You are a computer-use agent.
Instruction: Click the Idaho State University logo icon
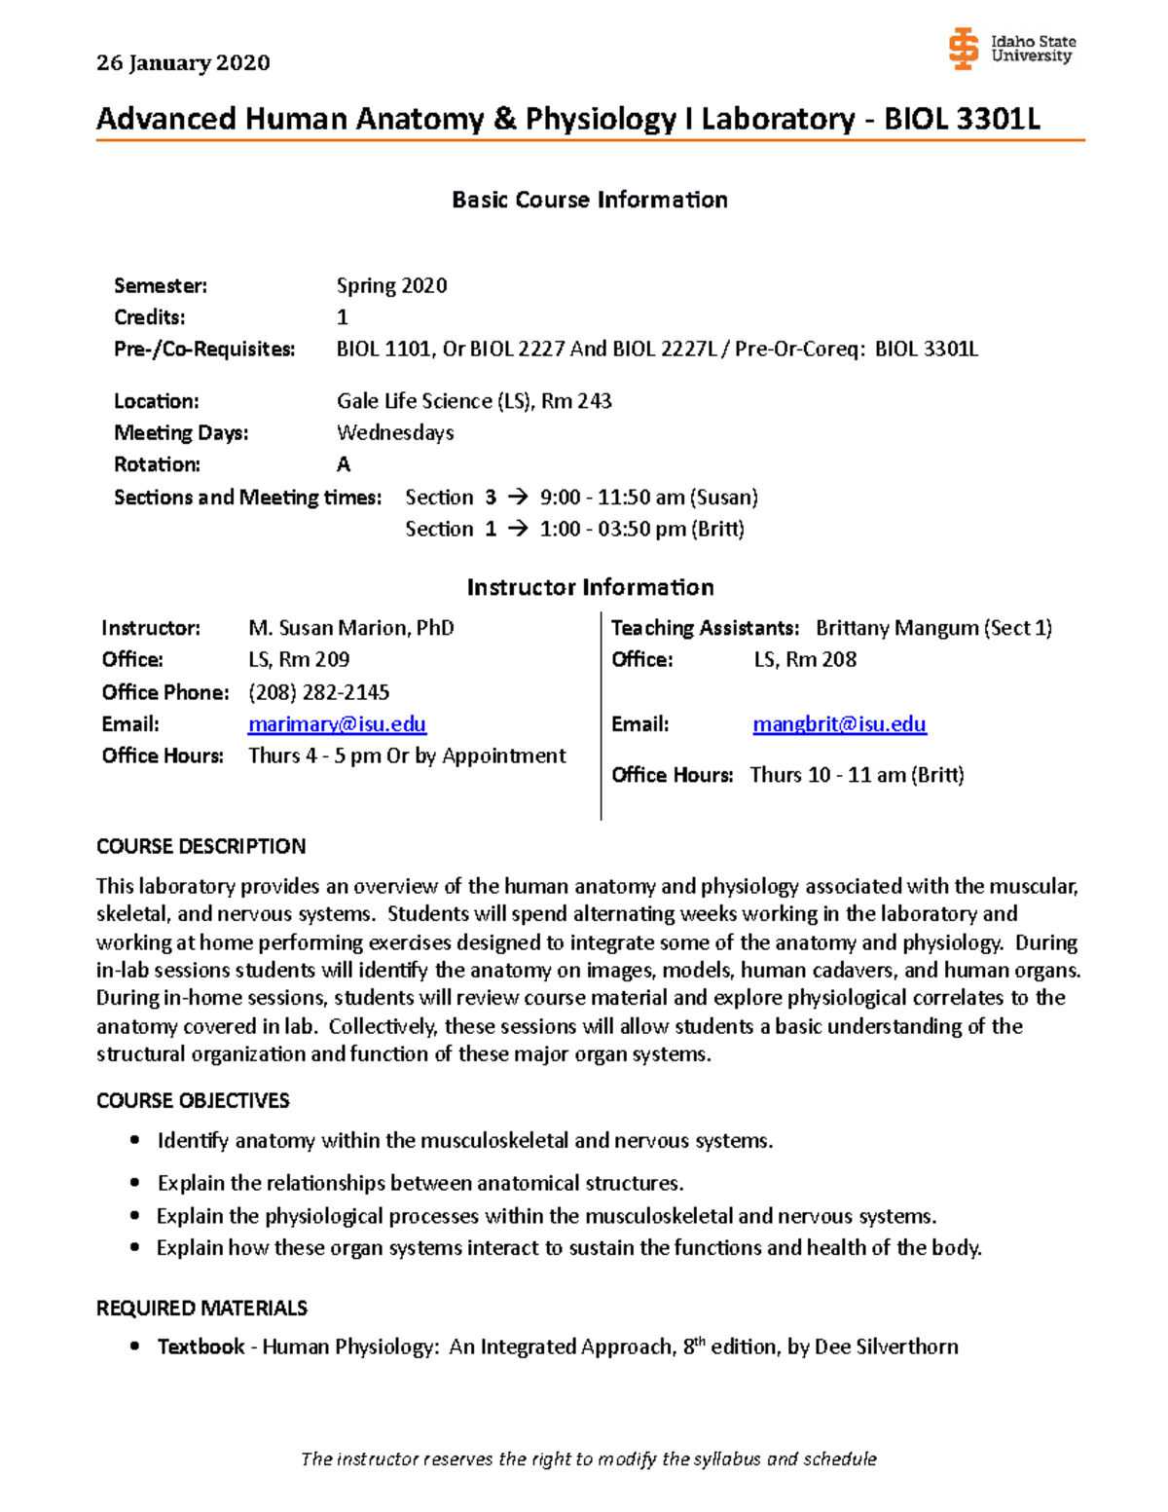point(963,49)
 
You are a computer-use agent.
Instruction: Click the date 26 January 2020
point(183,63)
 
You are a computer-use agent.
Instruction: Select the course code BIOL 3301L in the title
point(962,119)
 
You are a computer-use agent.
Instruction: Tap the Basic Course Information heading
point(590,200)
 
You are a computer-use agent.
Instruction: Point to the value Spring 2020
point(391,286)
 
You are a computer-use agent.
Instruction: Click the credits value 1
point(343,317)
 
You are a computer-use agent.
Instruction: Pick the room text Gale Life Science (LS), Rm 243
point(474,401)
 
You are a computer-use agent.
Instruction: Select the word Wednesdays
point(395,432)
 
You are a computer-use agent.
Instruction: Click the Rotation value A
point(344,464)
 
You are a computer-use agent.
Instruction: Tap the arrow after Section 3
point(518,498)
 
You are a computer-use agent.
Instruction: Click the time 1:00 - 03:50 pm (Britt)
point(641,529)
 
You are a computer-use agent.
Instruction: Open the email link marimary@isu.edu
point(337,724)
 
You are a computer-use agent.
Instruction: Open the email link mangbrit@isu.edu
point(839,724)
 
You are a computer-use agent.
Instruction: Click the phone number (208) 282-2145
point(318,692)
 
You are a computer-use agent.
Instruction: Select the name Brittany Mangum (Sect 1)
point(933,628)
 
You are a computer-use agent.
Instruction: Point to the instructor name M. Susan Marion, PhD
point(351,628)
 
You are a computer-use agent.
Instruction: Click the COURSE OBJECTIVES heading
point(193,1101)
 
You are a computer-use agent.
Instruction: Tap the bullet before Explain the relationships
point(135,1183)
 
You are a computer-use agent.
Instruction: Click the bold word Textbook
point(201,1346)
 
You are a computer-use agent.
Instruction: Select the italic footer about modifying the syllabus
point(589,1458)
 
